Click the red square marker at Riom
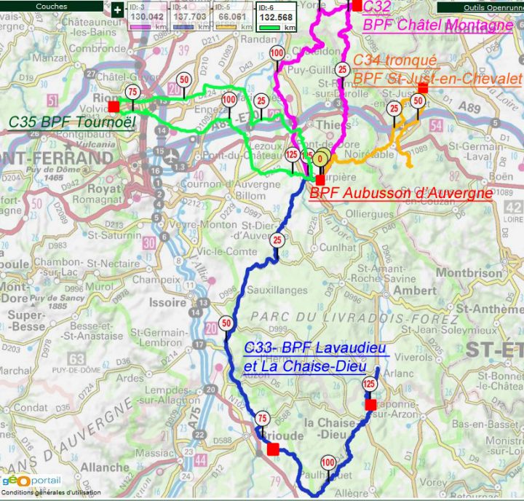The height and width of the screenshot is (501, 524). [114, 106]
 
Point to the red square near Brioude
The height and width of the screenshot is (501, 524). [272, 450]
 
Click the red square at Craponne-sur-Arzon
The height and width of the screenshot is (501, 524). [370, 404]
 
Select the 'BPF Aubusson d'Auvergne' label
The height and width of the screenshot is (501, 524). [401, 194]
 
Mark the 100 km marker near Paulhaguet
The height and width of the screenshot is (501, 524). [327, 462]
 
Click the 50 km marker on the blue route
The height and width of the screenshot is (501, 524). [226, 324]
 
